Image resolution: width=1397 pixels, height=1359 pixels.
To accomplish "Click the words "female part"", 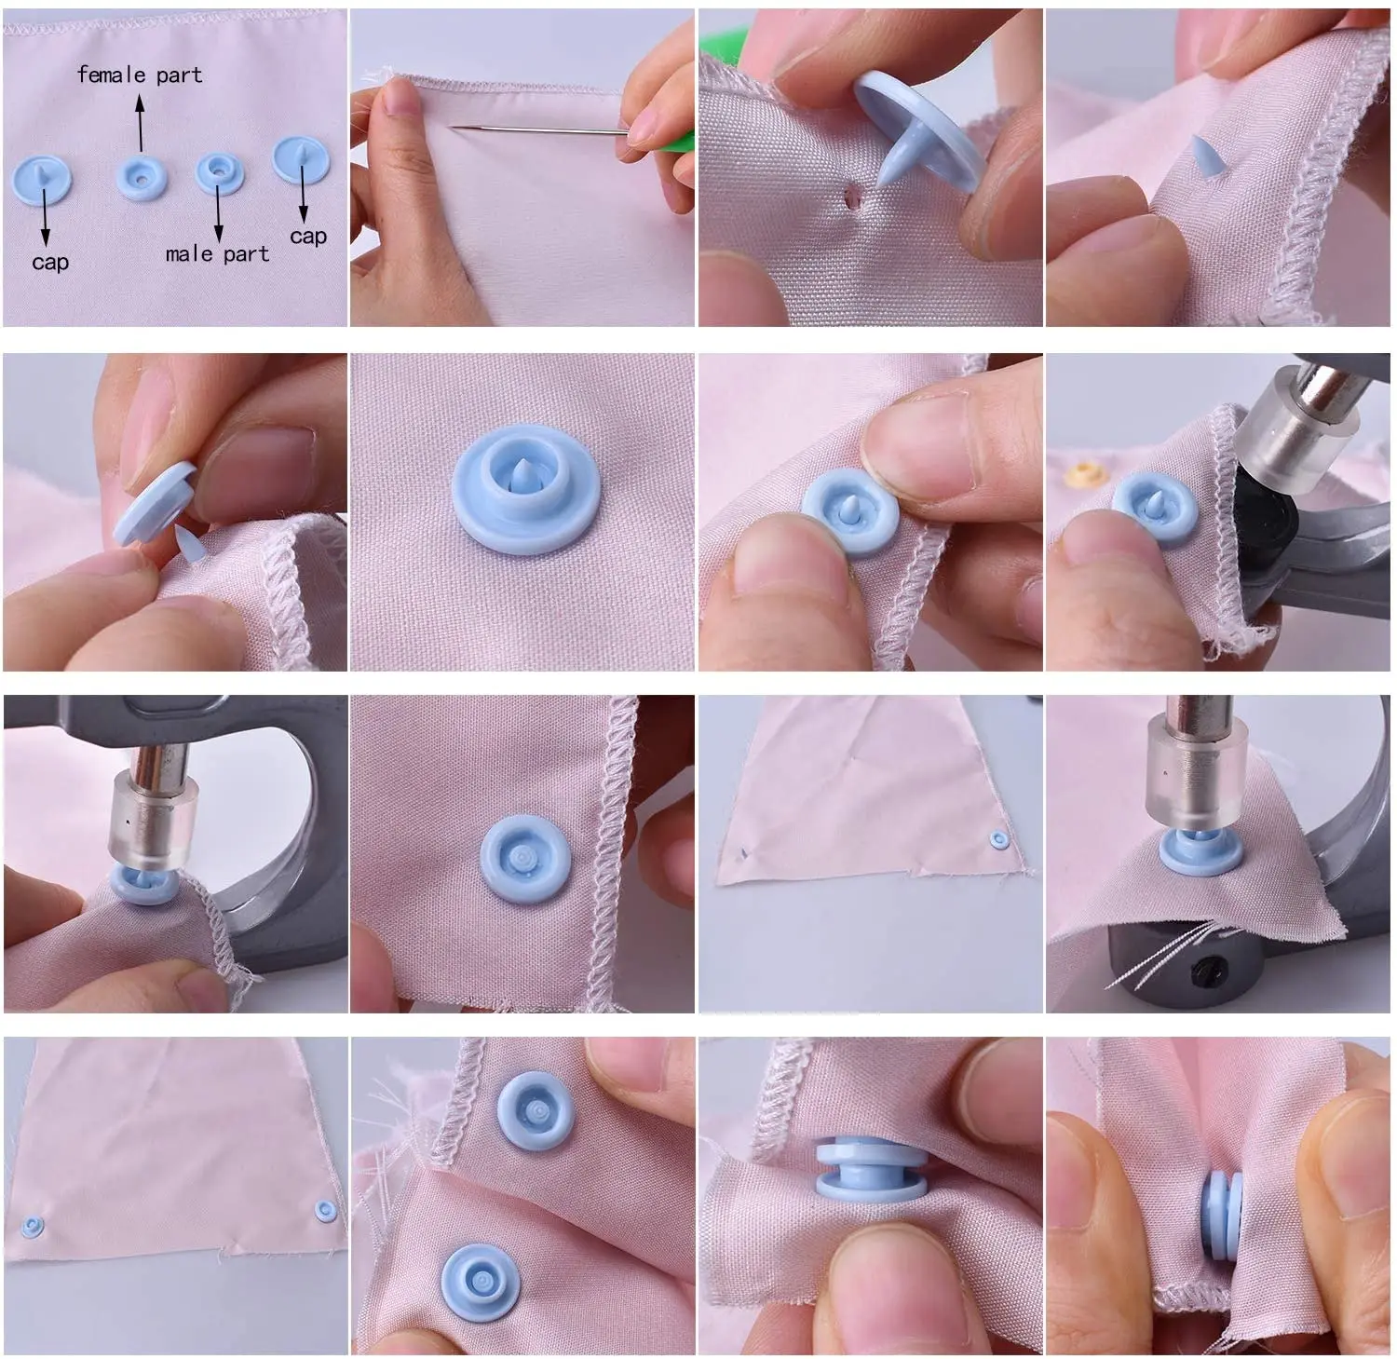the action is (140, 75).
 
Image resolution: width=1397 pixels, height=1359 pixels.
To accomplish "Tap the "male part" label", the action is (217, 254).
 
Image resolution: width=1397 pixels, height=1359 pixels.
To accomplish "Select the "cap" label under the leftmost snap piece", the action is (49, 264).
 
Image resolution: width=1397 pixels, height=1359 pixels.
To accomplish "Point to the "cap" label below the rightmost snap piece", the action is (308, 238).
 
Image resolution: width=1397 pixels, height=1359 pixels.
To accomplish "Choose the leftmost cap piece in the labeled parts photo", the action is (43, 180).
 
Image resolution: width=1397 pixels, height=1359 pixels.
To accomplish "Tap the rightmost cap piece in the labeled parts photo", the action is (301, 161).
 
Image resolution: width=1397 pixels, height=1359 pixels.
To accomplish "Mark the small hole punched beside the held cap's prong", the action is (849, 197).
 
